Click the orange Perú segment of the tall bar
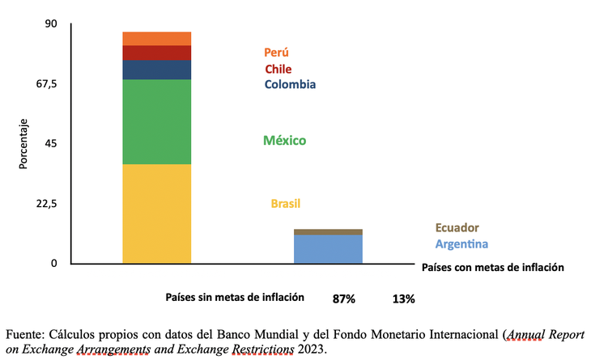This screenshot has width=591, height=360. point(156,38)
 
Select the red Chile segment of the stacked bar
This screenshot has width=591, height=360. point(156,53)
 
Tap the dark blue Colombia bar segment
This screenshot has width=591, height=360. point(156,70)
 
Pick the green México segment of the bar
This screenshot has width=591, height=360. point(156,121)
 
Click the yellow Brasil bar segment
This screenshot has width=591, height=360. point(156,213)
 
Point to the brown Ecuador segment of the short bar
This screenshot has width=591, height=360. point(327,232)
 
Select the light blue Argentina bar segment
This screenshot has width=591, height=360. point(327,249)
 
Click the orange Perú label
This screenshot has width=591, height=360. point(276,53)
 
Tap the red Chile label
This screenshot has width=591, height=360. point(278,69)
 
